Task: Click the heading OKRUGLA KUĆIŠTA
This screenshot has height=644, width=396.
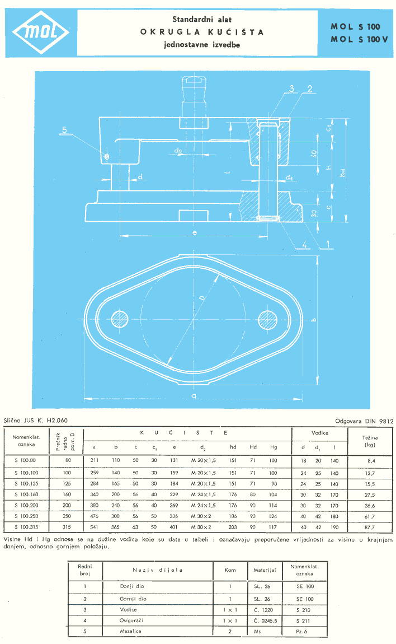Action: [202, 32]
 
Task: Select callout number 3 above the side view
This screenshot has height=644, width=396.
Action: [291, 88]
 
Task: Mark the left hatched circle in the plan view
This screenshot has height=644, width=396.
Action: [120, 319]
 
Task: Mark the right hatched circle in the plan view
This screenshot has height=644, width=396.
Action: [267, 319]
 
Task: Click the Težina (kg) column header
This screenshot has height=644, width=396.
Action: [370, 440]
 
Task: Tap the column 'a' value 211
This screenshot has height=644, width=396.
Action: [94, 460]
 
